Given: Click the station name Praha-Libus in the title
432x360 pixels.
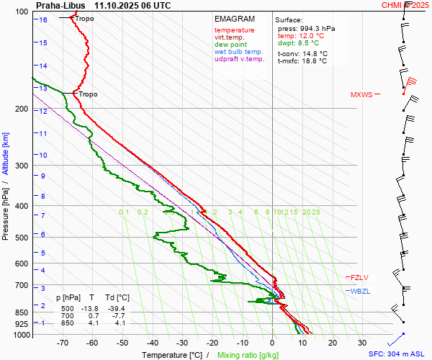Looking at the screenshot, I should click(60, 5).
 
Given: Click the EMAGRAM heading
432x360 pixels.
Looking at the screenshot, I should click(235, 19).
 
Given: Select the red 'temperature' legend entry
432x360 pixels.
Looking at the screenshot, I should click(234, 30).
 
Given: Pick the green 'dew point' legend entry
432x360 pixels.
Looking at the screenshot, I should click(231, 45).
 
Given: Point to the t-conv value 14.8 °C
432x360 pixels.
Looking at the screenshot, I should click(314, 53).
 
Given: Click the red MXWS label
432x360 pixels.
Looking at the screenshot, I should click(362, 95).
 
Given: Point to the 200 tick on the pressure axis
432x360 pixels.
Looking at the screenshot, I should click(22, 109).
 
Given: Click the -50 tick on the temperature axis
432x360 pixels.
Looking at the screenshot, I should click(122, 343).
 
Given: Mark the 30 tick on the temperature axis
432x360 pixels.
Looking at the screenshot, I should click(362, 343).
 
